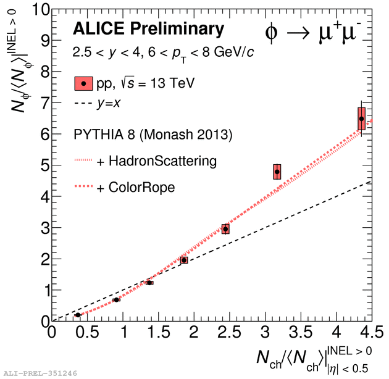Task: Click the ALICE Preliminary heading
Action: (148, 28)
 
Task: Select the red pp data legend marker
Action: (83, 83)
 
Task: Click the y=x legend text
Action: (108, 103)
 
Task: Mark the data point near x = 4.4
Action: (362, 118)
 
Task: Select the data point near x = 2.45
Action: (225, 229)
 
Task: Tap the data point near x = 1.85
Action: (184, 260)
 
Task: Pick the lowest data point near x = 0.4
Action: (78, 315)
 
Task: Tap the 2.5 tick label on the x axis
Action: (230, 333)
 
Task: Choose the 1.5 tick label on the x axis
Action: (159, 333)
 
